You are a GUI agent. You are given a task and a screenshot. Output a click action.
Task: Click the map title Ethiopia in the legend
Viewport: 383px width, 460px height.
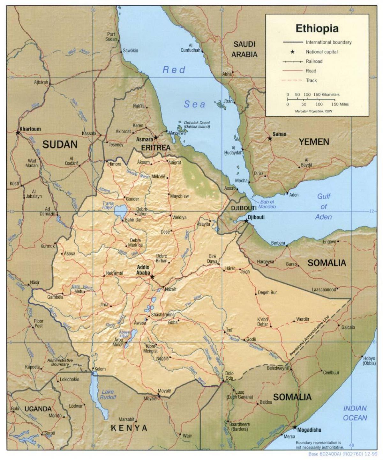317,28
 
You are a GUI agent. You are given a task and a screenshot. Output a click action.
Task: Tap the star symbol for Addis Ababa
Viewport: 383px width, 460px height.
152,277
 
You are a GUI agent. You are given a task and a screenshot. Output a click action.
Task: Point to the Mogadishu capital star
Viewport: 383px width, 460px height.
295,427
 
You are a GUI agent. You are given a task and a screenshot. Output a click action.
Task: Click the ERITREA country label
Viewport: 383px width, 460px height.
156,148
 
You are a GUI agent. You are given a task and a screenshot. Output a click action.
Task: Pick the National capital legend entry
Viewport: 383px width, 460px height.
321,52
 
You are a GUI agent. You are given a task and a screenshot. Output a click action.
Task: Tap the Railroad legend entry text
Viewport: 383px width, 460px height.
314,61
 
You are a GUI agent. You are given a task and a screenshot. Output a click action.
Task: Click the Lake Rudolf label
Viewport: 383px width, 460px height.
108,395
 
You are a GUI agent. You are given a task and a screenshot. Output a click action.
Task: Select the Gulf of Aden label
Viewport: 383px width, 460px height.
324,207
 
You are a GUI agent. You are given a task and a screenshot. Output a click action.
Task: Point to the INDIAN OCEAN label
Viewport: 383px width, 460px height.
355,413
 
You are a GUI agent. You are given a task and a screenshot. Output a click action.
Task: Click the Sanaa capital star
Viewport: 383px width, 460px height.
270,138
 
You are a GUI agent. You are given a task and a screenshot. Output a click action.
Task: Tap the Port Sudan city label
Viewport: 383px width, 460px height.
111,37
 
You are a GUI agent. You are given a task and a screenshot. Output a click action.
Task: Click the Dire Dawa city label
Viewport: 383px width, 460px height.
213,259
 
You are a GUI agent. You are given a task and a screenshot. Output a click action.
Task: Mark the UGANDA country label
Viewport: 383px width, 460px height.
38,409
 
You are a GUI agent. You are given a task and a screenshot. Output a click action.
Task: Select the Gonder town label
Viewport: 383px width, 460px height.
132,199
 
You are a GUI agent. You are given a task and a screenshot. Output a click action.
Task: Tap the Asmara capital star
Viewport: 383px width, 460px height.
156,137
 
